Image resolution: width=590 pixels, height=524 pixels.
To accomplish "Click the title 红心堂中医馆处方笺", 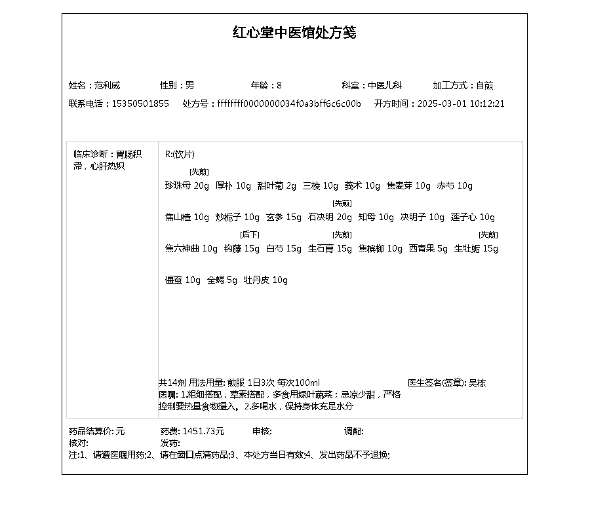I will click(294, 33).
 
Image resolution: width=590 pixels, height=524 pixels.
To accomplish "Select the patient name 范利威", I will click(107, 85).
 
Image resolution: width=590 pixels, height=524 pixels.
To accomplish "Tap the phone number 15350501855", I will click(140, 103).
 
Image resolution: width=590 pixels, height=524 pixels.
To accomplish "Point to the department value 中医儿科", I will click(384, 85).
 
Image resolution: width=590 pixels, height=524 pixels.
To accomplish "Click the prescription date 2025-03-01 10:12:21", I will click(461, 103).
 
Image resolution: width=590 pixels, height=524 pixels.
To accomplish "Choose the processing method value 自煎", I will click(484, 85).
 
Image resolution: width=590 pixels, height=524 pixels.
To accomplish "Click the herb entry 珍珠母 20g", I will click(187, 186).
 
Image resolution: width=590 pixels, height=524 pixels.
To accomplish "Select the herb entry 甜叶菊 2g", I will click(277, 186).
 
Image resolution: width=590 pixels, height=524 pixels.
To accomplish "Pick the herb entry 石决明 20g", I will click(330, 217).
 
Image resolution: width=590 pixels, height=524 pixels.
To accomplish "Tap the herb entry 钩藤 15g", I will click(242, 249).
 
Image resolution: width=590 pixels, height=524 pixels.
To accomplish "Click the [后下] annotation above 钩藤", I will click(250, 234).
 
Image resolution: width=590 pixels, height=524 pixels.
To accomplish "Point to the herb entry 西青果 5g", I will click(428, 249).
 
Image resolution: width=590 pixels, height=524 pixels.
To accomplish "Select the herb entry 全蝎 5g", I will click(222, 280).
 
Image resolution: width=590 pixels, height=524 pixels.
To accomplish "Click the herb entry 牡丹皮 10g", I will click(265, 280).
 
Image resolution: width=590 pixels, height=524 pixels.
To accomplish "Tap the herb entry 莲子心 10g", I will click(473, 217).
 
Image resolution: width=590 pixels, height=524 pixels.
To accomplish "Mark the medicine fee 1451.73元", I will click(203, 431).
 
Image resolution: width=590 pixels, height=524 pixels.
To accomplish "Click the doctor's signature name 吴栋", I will click(477, 383).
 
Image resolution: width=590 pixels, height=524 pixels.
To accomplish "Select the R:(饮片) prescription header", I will click(180, 155).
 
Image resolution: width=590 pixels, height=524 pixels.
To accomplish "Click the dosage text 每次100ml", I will click(298, 383).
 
